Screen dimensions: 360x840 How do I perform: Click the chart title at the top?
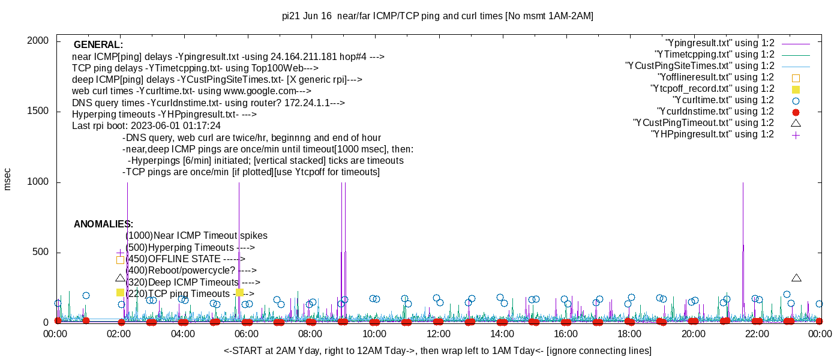point(437,16)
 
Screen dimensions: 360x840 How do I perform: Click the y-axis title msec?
point(7,178)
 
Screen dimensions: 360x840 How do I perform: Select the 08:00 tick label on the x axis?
point(310,334)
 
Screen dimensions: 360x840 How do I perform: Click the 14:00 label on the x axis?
point(502,334)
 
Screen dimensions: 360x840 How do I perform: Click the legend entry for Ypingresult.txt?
point(720,43)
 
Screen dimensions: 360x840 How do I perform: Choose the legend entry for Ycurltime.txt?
point(723,100)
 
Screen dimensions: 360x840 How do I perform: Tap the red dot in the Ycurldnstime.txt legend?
point(796,112)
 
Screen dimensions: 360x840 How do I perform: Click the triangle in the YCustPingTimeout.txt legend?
point(796,123)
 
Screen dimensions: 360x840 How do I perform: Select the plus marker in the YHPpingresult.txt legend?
point(796,134)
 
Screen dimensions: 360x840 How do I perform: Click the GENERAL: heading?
point(98,45)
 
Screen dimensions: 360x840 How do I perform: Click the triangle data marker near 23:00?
point(796,278)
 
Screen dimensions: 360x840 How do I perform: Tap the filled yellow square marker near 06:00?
point(239,292)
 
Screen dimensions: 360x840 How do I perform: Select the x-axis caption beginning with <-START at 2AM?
point(437,350)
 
